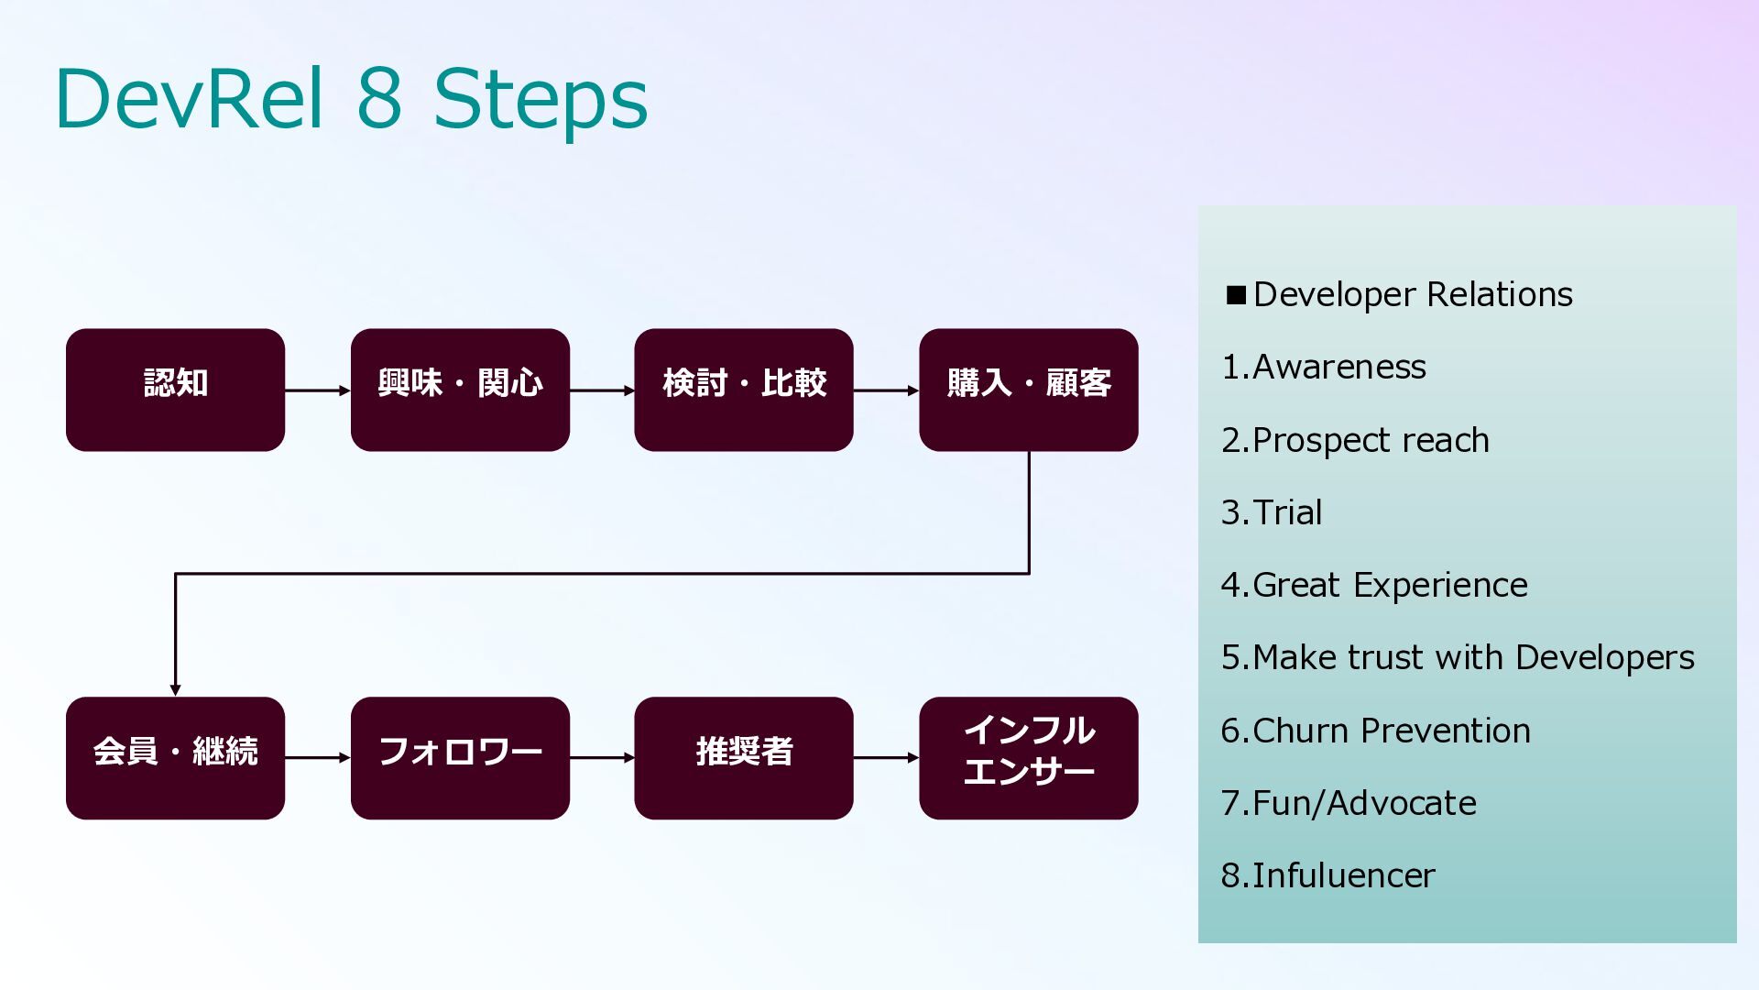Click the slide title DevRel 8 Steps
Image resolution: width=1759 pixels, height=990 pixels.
[x=352, y=98]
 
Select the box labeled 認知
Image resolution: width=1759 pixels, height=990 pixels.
[x=175, y=390]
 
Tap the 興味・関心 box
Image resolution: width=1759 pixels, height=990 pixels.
[x=460, y=390]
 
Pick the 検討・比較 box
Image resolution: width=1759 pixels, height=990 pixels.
[x=744, y=390]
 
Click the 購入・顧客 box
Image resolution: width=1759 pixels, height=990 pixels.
[x=1029, y=390]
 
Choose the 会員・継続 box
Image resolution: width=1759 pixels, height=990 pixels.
[x=175, y=758]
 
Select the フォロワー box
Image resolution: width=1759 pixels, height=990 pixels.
[x=460, y=758]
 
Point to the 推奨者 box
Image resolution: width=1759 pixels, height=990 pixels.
[x=744, y=758]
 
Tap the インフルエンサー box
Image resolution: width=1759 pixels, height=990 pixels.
[x=1029, y=758]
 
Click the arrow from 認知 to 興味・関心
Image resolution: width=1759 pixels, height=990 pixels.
[x=318, y=390]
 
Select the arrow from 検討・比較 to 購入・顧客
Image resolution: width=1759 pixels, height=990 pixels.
[x=887, y=390]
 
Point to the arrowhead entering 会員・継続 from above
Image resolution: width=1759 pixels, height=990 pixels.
[x=175, y=690]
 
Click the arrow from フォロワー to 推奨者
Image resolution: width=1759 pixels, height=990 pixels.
[x=602, y=758]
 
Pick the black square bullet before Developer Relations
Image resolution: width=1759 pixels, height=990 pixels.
[x=1236, y=295]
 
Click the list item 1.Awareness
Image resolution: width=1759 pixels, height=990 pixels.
[x=1324, y=367]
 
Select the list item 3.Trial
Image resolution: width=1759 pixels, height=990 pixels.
[x=1272, y=512]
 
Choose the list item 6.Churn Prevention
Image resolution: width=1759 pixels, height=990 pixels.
[x=1376, y=731]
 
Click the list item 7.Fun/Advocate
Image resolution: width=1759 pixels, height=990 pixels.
[x=1349, y=803]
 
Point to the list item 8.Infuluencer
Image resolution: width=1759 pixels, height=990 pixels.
[x=1328, y=875]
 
